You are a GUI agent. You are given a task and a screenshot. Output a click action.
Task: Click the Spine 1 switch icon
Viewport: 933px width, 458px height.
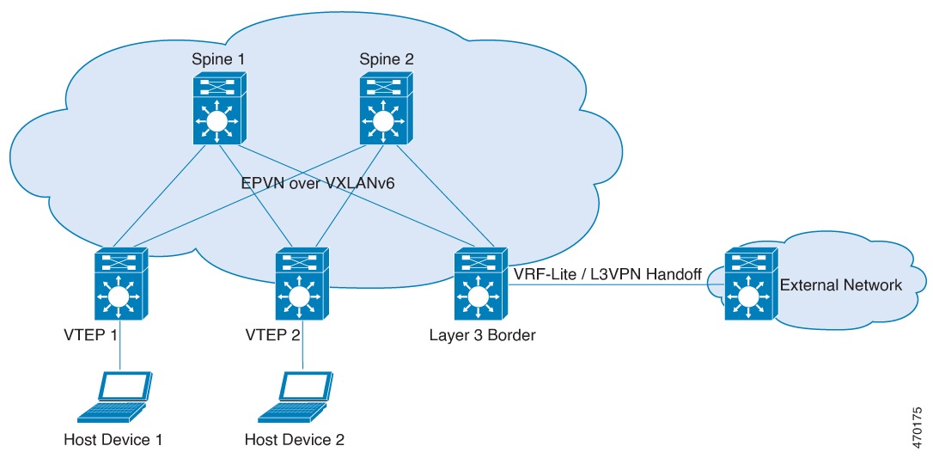[217, 109]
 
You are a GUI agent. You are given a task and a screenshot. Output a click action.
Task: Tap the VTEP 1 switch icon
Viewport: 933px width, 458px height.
[119, 284]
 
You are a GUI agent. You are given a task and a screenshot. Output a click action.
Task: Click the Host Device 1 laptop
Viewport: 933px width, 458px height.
[115, 398]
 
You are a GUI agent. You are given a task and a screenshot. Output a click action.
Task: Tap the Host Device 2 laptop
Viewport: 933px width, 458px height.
[296, 398]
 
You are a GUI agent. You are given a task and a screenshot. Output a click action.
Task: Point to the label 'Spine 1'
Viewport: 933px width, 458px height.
[216, 59]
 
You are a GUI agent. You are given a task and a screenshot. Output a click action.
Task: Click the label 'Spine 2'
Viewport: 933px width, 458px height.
[385, 59]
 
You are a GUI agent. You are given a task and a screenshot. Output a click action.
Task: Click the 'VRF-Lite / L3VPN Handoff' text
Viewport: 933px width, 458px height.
[607, 274]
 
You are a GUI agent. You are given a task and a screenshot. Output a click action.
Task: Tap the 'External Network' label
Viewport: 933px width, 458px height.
[840, 284]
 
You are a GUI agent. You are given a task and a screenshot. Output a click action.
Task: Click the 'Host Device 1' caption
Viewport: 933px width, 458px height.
[113, 440]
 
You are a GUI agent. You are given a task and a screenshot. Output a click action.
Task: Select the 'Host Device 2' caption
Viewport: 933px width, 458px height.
[295, 440]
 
